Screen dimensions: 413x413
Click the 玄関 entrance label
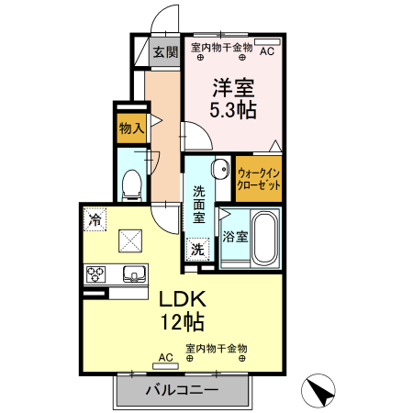pos(165,51)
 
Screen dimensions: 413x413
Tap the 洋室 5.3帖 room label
pos(233,98)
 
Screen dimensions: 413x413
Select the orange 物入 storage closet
pos(132,128)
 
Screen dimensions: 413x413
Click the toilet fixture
pos(131,186)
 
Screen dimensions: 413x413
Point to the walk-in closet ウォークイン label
pos(259,173)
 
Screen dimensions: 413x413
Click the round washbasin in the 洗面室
pos(220,169)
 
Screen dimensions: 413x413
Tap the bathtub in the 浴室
pos(265,238)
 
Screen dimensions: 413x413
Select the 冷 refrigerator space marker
pos(95,219)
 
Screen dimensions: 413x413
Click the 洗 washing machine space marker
pos(197,250)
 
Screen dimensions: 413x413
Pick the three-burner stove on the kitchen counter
pos(95,274)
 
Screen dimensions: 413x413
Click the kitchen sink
pos(134,273)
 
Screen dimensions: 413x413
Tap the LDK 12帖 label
pos(183,310)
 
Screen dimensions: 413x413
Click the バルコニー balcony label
pos(183,390)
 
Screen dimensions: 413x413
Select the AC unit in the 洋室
pos(267,42)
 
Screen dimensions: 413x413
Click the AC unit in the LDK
pos(165,366)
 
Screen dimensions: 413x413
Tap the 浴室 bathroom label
pos(235,237)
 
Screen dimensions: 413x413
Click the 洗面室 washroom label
pos(199,205)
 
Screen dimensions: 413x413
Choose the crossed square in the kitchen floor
pos(130,240)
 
